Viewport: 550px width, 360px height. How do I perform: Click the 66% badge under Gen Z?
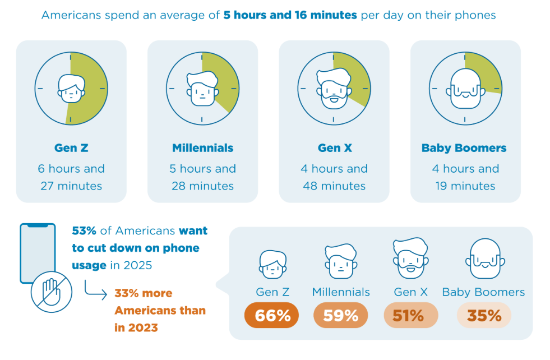point(271,315)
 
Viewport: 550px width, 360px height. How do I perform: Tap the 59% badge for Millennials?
point(340,315)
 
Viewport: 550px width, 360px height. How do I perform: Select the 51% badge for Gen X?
point(411,315)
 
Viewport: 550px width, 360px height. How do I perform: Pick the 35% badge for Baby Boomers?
point(484,315)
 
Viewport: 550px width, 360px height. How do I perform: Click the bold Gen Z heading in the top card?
point(71,148)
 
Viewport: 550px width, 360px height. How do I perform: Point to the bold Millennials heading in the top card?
point(203,148)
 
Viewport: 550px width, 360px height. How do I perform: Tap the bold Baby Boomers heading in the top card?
point(464,148)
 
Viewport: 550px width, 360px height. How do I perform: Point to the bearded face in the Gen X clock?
point(334,89)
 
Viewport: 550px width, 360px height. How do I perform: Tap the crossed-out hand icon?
point(52,292)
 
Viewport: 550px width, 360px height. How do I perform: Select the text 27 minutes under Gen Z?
point(71,186)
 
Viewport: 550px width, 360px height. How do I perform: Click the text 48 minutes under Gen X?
point(334,186)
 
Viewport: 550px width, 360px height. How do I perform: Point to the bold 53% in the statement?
point(84,230)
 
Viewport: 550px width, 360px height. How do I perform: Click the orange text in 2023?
point(136,327)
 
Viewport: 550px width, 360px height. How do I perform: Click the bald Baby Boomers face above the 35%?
point(486,259)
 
